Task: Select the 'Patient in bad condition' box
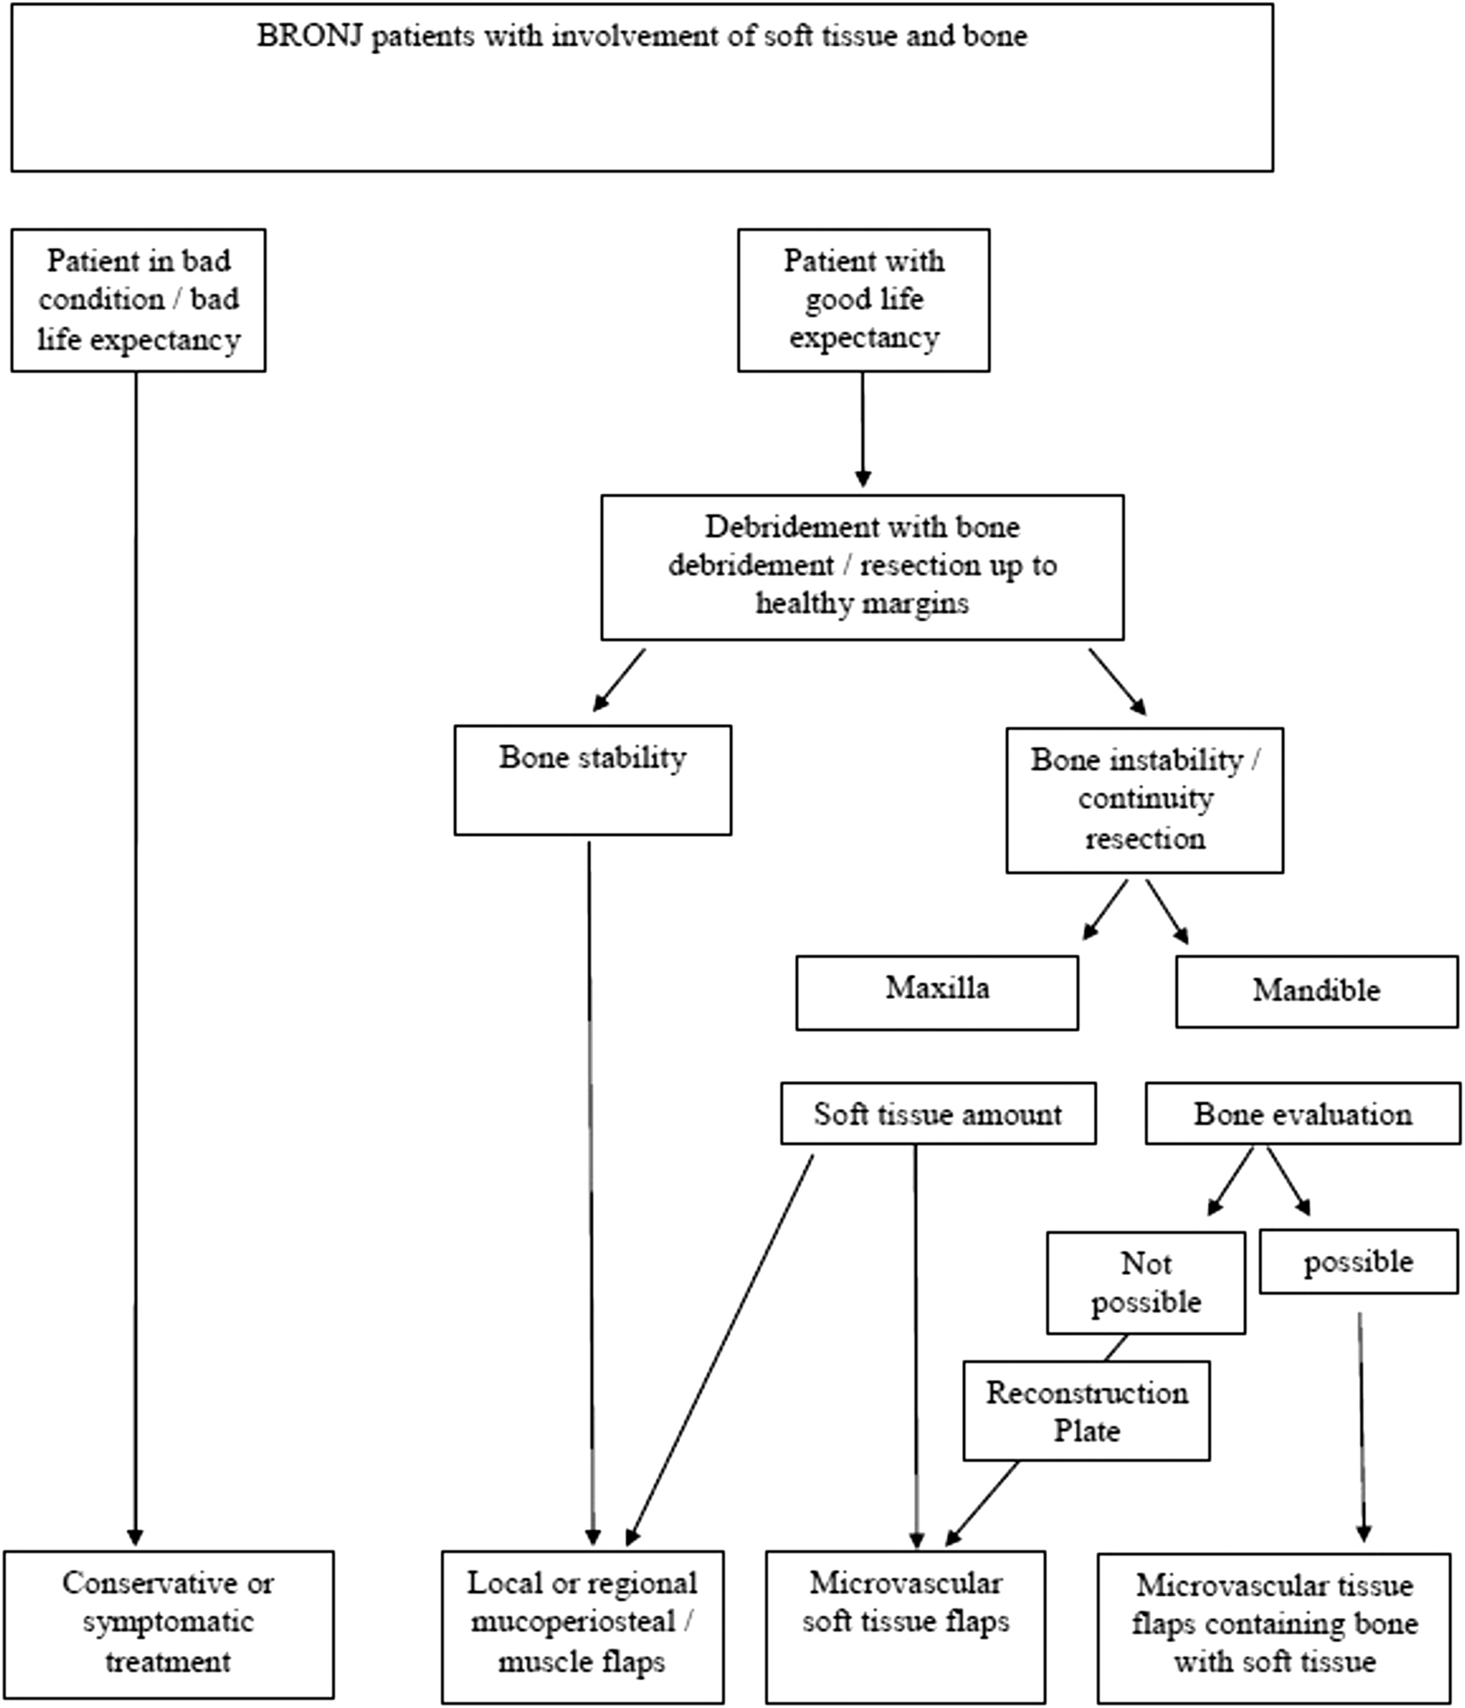coord(139,300)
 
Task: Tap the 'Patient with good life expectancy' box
coord(863,300)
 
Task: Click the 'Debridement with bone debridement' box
coord(862,567)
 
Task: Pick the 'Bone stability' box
coord(593,780)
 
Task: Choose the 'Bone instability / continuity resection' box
coord(1144,800)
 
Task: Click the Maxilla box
coord(938,993)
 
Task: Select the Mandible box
coord(1317,992)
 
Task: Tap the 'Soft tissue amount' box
coord(938,1113)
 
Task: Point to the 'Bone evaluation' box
coord(1303,1113)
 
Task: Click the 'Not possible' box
coord(1146,1282)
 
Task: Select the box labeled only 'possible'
coord(1359,1261)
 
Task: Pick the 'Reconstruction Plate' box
coord(1087,1411)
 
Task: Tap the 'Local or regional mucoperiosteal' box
coord(583,1626)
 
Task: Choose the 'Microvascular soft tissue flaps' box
coord(905,1626)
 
